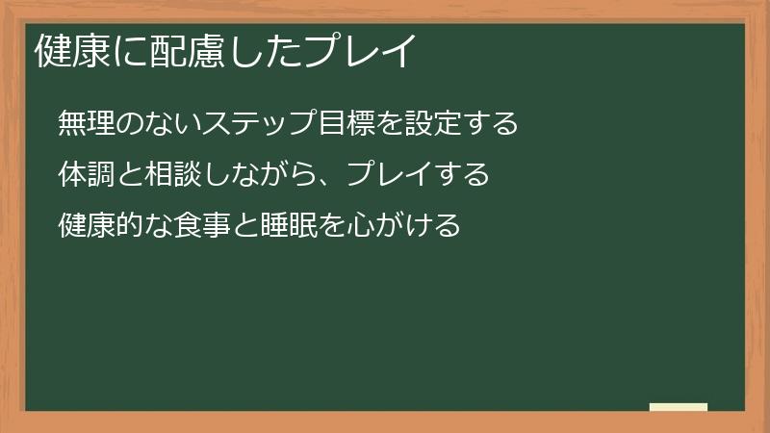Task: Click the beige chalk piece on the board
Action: click(679, 407)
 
